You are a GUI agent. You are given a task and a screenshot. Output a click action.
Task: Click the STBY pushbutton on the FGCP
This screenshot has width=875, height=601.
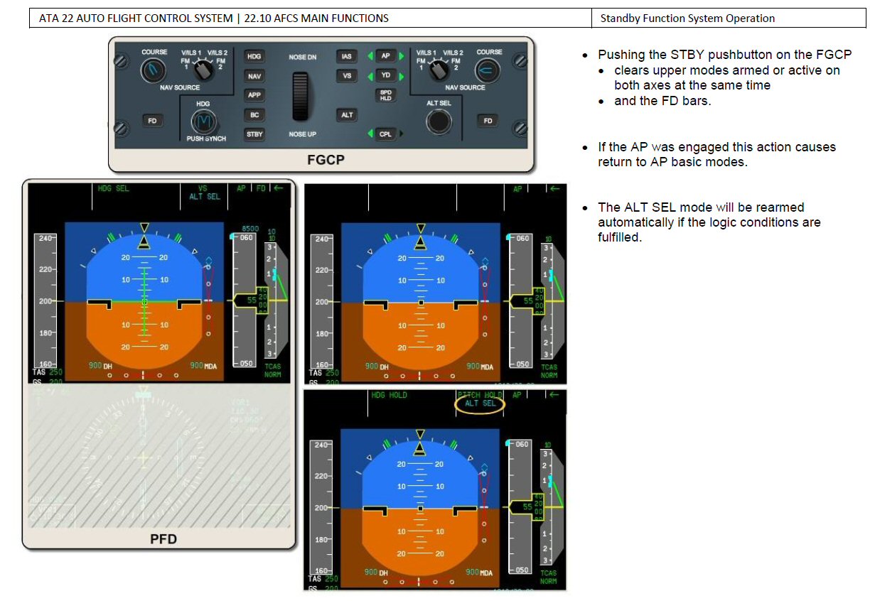[254, 134]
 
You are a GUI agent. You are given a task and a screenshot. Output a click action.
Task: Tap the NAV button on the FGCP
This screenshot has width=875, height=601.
[254, 76]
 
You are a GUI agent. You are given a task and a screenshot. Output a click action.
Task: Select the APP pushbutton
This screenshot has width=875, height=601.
[254, 95]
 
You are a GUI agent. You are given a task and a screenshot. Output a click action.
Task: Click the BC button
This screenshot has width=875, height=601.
[254, 114]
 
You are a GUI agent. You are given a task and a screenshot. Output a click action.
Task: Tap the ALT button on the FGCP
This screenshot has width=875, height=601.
[347, 115]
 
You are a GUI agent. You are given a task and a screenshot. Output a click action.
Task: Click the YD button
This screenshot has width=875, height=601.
[385, 75]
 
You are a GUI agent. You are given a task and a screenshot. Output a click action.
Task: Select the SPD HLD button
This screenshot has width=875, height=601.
[385, 95]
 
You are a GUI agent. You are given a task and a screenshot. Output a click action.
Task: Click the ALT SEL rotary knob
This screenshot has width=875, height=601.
[439, 122]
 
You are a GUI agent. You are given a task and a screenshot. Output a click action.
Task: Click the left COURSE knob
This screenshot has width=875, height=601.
[152, 70]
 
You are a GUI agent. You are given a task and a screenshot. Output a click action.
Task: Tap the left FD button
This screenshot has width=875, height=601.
[152, 121]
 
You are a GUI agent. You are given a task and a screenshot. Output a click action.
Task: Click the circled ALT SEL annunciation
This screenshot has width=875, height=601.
[480, 404]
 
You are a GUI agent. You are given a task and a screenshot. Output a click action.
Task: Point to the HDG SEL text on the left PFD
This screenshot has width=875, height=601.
[114, 189]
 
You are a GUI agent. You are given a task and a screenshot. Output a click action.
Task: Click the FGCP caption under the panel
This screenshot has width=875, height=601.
[326, 160]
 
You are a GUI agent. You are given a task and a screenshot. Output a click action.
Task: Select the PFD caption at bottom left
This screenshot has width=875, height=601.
[163, 538]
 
